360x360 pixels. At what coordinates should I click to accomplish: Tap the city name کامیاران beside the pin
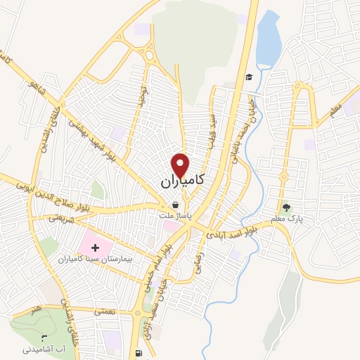(181, 181)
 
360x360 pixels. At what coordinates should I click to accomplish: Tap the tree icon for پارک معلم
(286, 207)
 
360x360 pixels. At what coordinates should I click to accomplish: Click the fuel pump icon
(136, 352)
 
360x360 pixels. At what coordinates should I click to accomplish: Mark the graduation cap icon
(248, 77)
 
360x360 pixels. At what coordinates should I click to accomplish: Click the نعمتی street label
(103, 309)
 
